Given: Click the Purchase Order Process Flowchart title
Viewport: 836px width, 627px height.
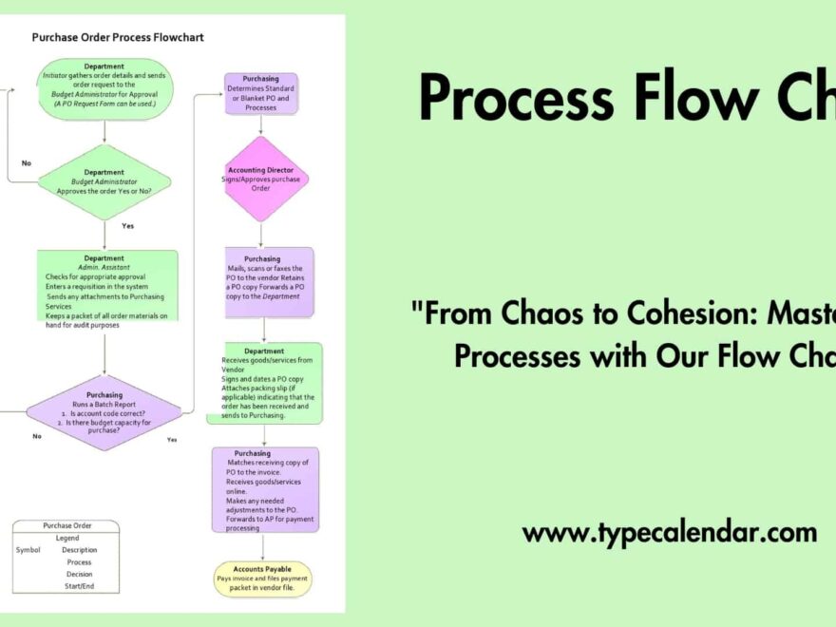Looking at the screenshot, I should [118, 38].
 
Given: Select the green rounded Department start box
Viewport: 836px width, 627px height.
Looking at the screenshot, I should [104, 88].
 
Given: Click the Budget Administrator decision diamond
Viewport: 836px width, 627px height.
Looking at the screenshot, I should [104, 182].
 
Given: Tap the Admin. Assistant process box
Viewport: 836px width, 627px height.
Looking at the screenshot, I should [106, 286].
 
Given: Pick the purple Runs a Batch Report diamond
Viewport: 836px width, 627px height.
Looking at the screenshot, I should [104, 412].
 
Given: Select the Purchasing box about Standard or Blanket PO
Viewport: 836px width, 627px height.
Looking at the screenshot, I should [260, 93].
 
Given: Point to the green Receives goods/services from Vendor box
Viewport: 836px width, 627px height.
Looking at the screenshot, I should [266, 383].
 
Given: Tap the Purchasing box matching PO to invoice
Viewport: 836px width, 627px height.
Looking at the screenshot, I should [265, 489].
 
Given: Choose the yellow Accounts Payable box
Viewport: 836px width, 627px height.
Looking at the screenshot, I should [262, 579].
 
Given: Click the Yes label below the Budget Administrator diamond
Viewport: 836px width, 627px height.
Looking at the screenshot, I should [128, 226].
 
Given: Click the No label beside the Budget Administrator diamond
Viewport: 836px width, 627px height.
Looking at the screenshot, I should [27, 162].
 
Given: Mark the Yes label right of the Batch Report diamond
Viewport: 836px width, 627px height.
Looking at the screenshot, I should [172, 439].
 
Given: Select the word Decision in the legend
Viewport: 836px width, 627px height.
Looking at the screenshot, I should [80, 574].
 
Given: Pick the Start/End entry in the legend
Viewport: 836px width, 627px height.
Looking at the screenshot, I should [80, 586].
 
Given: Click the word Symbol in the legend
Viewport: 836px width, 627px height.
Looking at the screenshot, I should [28, 550].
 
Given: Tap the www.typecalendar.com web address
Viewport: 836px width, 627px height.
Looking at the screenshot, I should [669, 532].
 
